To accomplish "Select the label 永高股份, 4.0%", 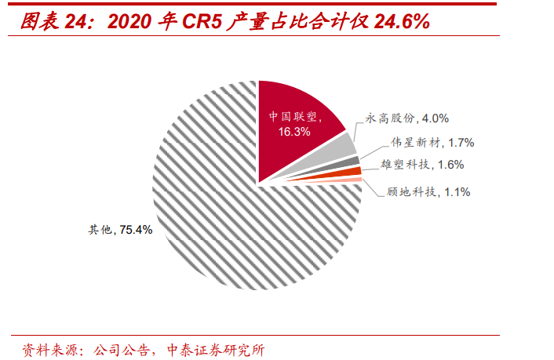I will click(x=407, y=118).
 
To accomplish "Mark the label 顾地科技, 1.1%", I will click(x=429, y=191).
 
